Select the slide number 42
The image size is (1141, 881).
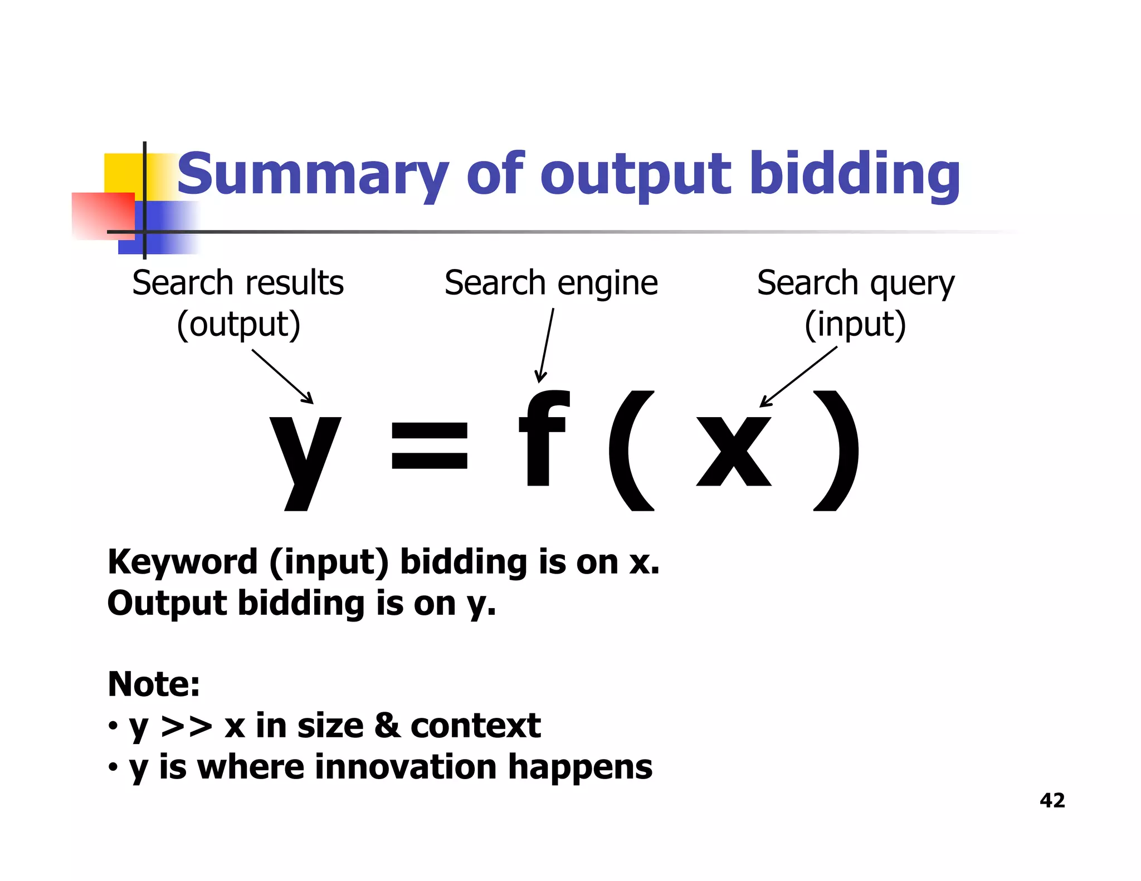pyautogui.click(x=1052, y=800)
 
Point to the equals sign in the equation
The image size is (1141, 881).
pyautogui.click(x=429, y=445)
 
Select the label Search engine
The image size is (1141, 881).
pyautogui.click(x=551, y=283)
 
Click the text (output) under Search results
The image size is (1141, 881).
pyautogui.click(x=238, y=325)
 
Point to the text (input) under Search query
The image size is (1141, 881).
pyautogui.click(x=855, y=325)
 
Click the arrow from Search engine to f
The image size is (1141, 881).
pyautogui.click(x=546, y=345)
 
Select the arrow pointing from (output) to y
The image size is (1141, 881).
pyautogui.click(x=283, y=376)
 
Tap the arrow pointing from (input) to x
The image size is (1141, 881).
pyautogui.click(x=798, y=376)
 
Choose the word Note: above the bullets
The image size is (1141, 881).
pyautogui.click(x=154, y=684)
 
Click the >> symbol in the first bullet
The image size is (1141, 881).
pyautogui.click(x=187, y=726)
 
